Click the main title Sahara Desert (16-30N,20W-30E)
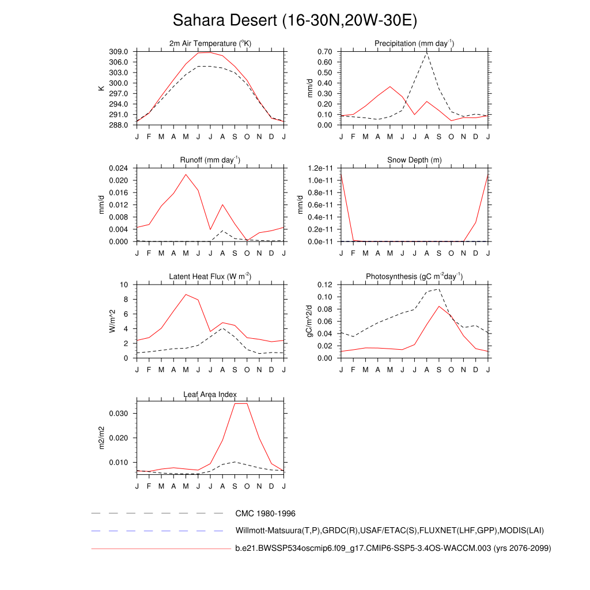click(294, 21)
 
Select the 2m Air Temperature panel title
click(210, 44)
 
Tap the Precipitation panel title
click(414, 44)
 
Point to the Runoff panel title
click(210, 160)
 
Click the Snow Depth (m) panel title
click(414, 160)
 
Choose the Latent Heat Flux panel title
click(210, 277)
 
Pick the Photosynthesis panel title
click(414, 277)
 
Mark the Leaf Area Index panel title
click(210, 395)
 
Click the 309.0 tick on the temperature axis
click(120, 52)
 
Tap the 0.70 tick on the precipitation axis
click(324, 52)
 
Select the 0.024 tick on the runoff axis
click(118, 168)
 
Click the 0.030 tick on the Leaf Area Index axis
click(118, 414)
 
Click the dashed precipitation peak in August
click(427, 52)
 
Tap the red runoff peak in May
click(186, 174)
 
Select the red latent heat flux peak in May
click(186, 294)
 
